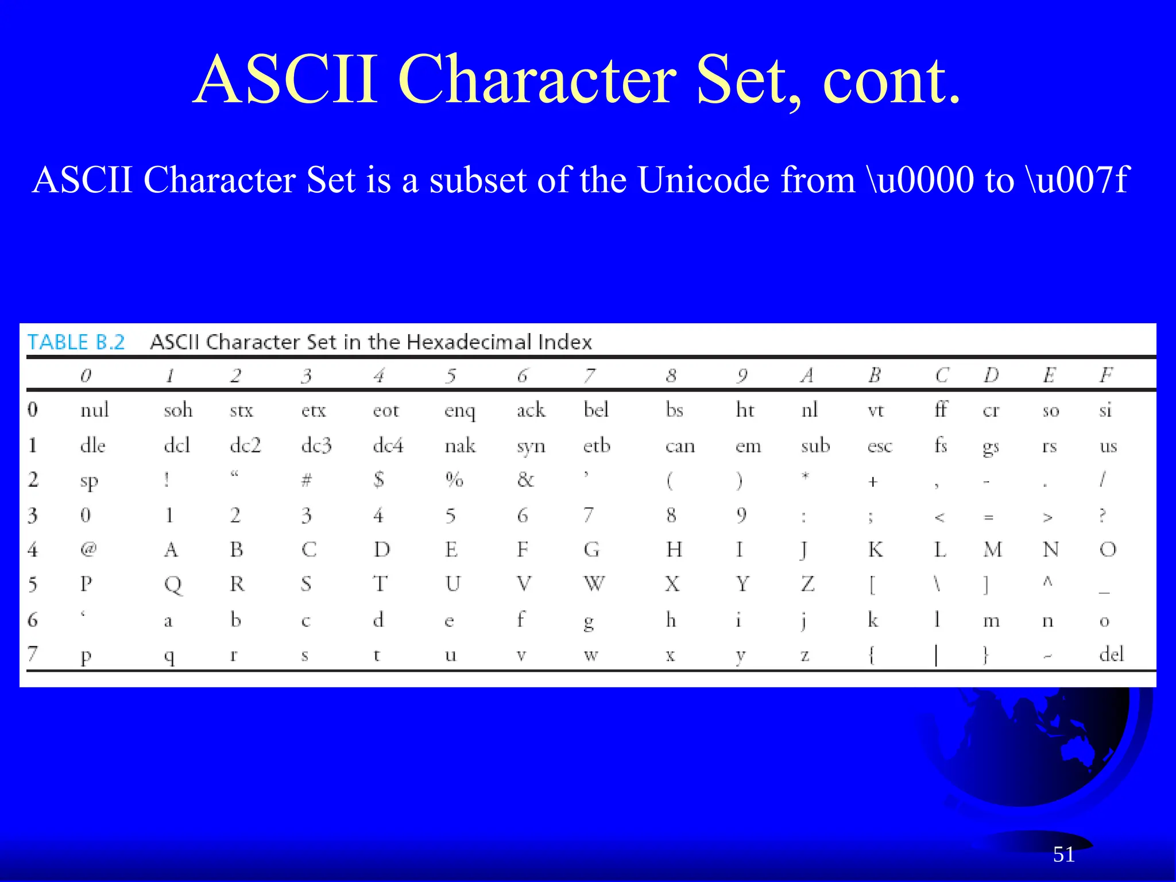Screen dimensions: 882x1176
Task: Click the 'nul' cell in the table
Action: pyautogui.click(x=94, y=410)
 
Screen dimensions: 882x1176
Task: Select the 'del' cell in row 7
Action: pyautogui.click(x=1111, y=654)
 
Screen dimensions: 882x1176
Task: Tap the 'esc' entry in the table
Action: pyautogui.click(x=880, y=446)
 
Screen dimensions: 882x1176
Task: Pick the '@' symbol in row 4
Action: pyautogui.click(x=88, y=550)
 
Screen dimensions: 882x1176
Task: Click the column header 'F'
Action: pyautogui.click(x=1106, y=375)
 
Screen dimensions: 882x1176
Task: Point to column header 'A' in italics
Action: pyautogui.click(x=807, y=375)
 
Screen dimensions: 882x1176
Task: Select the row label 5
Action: pyautogui.click(x=33, y=585)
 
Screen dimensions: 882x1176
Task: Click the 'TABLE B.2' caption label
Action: pyautogui.click(x=76, y=342)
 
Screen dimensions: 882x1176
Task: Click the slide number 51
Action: pyautogui.click(x=1063, y=854)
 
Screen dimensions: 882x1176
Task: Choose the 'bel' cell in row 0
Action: pyautogui.click(x=596, y=410)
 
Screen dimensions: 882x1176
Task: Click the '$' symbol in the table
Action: pyautogui.click(x=378, y=479)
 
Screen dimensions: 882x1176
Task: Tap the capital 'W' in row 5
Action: pyautogui.click(x=594, y=585)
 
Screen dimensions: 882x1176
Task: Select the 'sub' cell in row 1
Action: pyautogui.click(x=815, y=446)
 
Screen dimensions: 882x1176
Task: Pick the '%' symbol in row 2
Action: pyautogui.click(x=454, y=479)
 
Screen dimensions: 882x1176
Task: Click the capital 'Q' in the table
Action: pyautogui.click(x=173, y=585)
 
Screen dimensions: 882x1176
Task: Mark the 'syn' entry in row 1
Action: pyautogui.click(x=531, y=446)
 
